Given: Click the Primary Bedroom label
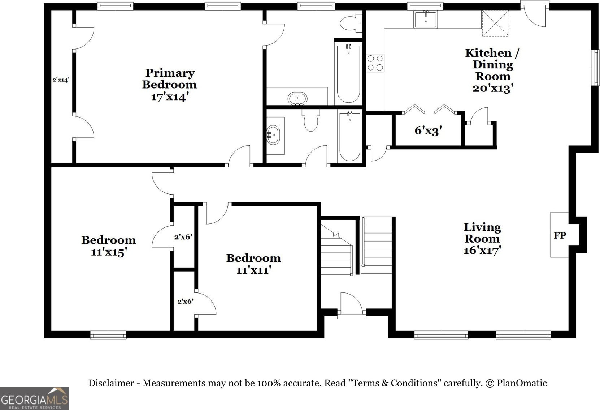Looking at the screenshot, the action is click(x=170, y=78).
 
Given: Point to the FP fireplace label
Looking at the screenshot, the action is click(x=560, y=235).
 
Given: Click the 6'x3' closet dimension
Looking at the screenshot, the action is click(x=428, y=131).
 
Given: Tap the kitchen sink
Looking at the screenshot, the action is click(x=425, y=19).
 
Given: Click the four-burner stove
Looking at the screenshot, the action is click(x=375, y=63).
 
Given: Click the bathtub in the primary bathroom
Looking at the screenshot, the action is click(x=348, y=73).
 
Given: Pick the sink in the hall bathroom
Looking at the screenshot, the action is click(x=274, y=135).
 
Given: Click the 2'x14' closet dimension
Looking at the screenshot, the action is click(x=61, y=80).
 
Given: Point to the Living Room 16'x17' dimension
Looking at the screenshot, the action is click(x=482, y=250).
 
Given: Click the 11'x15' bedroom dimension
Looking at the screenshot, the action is click(x=109, y=252).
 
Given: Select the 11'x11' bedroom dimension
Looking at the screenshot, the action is click(x=254, y=270).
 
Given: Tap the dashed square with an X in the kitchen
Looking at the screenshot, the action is click(x=496, y=24).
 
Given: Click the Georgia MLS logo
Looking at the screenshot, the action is click(x=35, y=398).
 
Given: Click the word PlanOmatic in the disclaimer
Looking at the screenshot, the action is click(x=522, y=383).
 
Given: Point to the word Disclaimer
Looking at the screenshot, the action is click(x=111, y=383).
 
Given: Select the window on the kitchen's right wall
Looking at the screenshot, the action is click(x=597, y=68).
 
